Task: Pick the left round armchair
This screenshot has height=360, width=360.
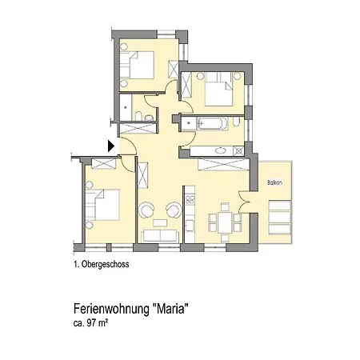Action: tap(147, 210)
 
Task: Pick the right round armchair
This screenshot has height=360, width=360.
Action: tap(171, 210)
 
